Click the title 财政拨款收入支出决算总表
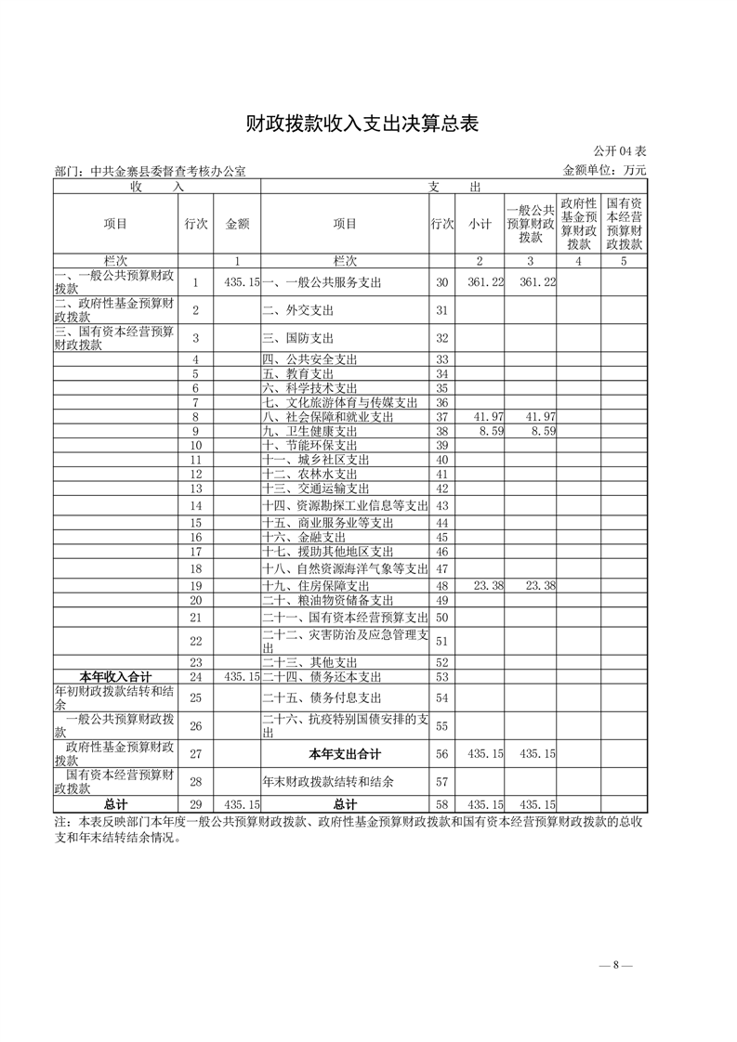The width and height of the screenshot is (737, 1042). [362, 124]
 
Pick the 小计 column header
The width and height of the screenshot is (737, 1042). [480, 224]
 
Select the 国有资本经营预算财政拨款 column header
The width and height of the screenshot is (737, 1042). [625, 224]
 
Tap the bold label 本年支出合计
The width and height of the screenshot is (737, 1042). [345, 754]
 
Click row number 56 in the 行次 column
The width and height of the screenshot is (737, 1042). [441, 754]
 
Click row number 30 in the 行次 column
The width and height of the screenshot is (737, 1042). [441, 282]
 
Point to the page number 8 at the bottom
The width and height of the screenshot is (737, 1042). [615, 966]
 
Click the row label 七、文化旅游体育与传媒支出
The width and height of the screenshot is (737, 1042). [340, 403]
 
